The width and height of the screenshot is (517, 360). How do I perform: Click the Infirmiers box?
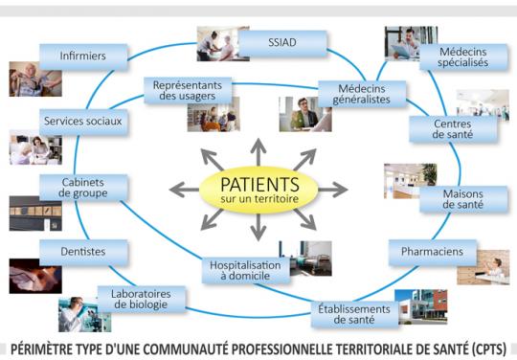coord(82,56)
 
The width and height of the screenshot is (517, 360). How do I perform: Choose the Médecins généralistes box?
coord(361,94)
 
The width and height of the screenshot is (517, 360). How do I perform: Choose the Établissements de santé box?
coord(354,314)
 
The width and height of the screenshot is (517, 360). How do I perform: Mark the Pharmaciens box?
coord(432,252)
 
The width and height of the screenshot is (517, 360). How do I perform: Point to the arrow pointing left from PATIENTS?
coord(183,190)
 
